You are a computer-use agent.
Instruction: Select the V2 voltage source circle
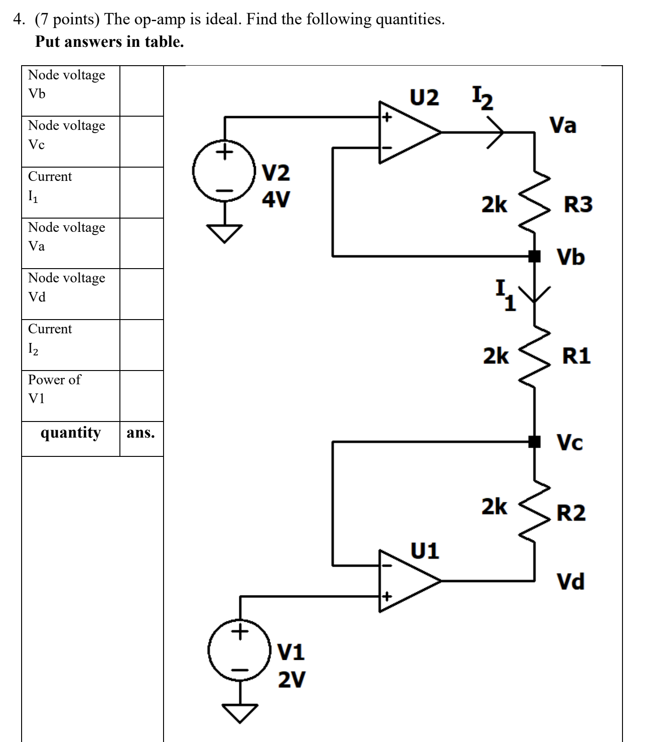(224, 170)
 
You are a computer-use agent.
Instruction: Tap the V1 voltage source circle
(239, 650)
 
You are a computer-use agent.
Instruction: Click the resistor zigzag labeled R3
(534, 202)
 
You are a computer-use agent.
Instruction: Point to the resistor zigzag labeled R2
(534, 510)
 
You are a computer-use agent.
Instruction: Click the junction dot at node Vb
(534, 256)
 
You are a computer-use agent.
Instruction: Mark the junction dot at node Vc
(534, 442)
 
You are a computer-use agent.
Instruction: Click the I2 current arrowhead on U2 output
(496, 132)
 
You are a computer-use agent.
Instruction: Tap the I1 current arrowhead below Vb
(534, 294)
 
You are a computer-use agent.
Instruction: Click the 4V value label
(276, 199)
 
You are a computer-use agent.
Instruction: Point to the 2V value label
(291, 679)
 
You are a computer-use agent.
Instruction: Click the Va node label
(563, 125)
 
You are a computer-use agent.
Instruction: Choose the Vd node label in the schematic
(571, 581)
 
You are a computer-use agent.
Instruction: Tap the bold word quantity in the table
(70, 433)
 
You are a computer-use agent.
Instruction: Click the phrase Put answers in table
(109, 42)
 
